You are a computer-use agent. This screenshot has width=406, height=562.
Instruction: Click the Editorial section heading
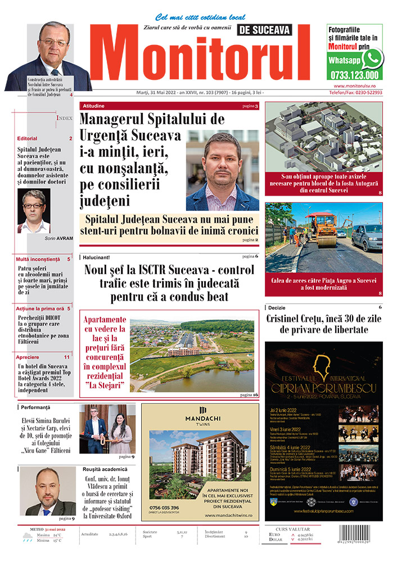(27, 138)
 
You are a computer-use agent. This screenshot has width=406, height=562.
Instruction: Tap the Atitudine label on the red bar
(93, 106)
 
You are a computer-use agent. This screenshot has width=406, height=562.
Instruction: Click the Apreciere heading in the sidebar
(28, 356)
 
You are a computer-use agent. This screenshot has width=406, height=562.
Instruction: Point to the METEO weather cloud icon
(26, 538)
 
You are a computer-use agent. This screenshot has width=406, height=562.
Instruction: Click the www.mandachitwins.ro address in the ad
(231, 515)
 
